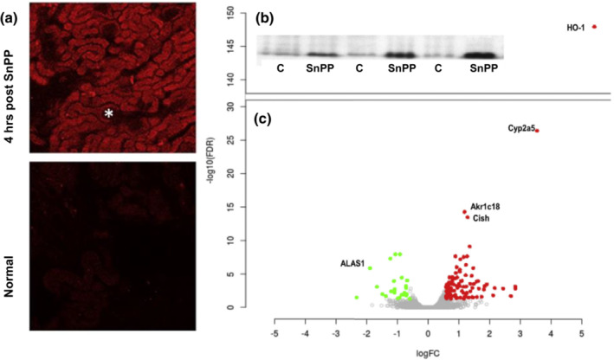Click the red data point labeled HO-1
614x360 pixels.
[x=594, y=28]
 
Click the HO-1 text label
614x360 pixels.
[x=576, y=29]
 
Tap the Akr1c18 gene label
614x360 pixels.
[x=485, y=207]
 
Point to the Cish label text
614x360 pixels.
[x=481, y=219]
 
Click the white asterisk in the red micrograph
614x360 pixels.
[x=108, y=113]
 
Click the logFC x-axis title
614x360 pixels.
[x=428, y=352]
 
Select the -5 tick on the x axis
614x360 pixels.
[x=275, y=332]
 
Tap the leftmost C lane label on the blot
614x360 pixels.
[x=281, y=67]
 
